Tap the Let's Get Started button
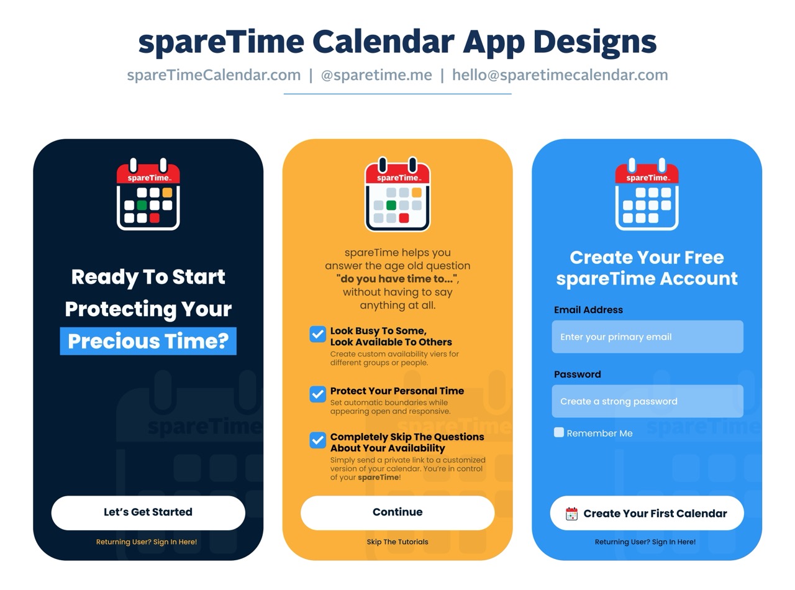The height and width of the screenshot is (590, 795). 148,512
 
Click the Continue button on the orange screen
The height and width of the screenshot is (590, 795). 397,512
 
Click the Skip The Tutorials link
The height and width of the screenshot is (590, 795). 397,542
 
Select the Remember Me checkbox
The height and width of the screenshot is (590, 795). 559,432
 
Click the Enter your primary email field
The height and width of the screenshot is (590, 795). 647,337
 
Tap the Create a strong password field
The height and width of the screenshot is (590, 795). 647,401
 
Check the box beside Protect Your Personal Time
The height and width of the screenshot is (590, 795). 317,394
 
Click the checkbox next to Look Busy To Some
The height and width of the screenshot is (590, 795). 317,334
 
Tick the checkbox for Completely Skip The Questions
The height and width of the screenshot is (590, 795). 317,440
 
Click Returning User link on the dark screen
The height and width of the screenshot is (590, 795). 147,542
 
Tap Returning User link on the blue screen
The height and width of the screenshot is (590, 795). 645,542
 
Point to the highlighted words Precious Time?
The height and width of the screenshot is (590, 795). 148,341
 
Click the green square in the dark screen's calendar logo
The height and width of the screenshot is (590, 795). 142,205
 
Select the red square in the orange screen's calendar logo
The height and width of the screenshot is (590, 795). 404,218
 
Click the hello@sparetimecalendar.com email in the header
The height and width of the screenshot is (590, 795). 560,75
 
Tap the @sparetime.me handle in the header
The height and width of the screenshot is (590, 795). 376,75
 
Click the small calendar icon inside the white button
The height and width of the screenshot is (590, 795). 571,514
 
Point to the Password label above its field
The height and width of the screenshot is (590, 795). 577,374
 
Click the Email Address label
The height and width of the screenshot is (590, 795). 588,309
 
